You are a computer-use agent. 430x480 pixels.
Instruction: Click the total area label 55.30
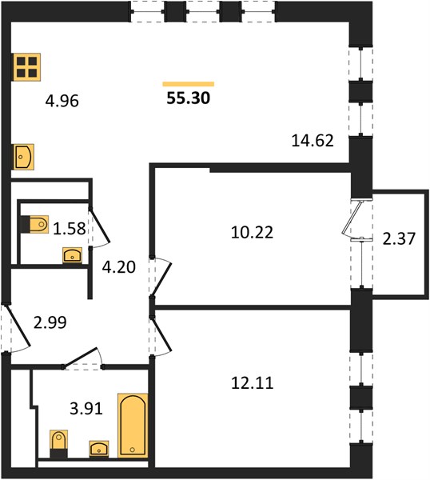pyautogui.click(x=189, y=98)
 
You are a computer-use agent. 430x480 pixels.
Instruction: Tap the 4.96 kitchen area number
pyautogui.click(x=62, y=101)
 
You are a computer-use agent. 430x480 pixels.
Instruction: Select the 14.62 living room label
pyautogui.click(x=313, y=141)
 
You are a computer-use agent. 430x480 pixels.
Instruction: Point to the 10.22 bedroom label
pyautogui.click(x=252, y=232)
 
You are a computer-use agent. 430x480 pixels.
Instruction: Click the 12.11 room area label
pyautogui.click(x=252, y=383)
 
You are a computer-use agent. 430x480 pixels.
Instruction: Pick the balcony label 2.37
pyautogui.click(x=399, y=238)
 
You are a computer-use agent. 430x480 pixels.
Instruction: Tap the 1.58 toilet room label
pyautogui.click(x=69, y=229)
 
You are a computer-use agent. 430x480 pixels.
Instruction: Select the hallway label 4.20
pyautogui.click(x=118, y=267)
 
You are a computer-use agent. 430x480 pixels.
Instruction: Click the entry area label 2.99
pyautogui.click(x=50, y=322)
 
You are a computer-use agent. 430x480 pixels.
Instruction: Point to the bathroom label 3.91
pyautogui.click(x=86, y=408)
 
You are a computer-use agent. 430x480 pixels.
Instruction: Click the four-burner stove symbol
pyautogui.click(x=26, y=67)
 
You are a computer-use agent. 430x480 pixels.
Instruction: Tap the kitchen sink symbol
pyautogui.click(x=23, y=157)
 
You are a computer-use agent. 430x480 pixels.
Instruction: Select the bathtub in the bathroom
pyautogui.click(x=133, y=426)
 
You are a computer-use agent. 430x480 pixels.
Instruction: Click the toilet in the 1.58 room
pyautogui.click(x=34, y=224)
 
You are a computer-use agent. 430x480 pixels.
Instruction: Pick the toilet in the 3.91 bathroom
pyautogui.click(x=58, y=444)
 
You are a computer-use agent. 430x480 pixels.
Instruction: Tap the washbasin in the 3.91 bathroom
pyautogui.click(x=99, y=449)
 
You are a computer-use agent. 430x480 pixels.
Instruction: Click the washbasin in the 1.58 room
pyautogui.click(x=72, y=255)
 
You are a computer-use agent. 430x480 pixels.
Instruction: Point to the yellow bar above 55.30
pyautogui.click(x=189, y=84)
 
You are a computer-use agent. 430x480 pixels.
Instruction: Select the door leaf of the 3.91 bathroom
pyautogui.click(x=80, y=358)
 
